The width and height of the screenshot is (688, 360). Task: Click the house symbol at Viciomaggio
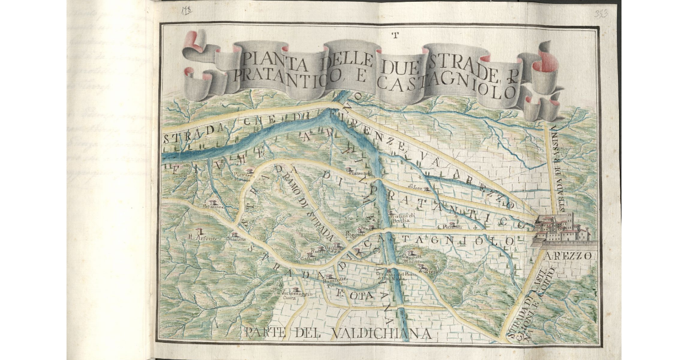(296, 289)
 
